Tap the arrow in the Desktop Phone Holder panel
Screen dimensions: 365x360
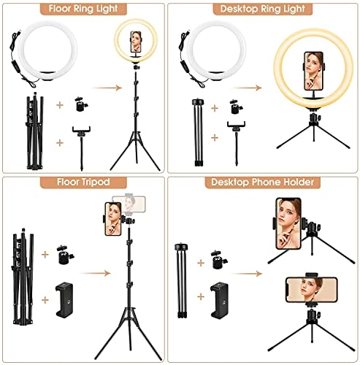coord(253,275)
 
